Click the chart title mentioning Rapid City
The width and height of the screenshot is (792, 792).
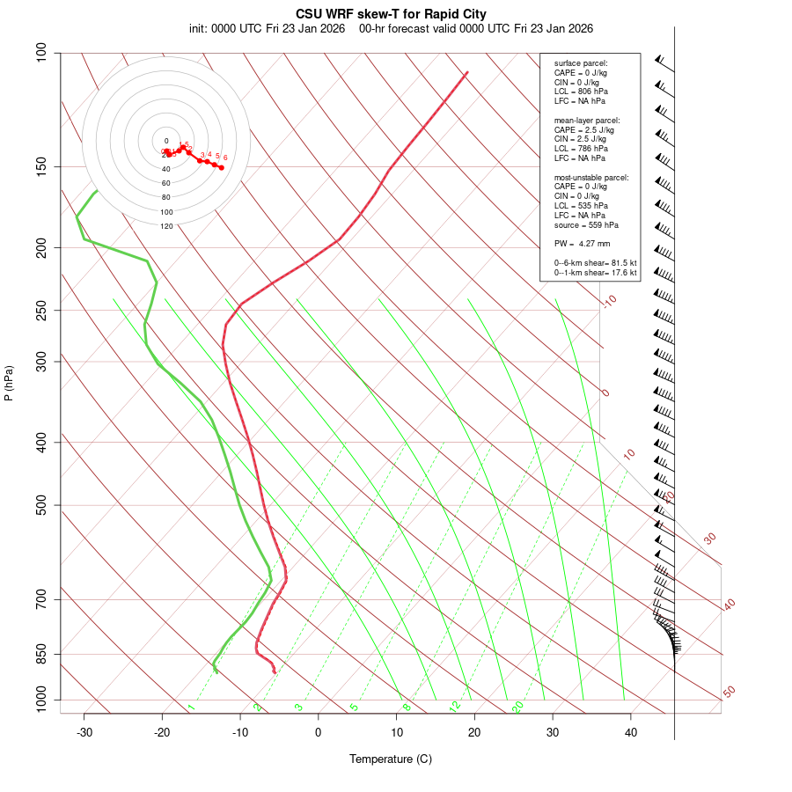[x=391, y=14]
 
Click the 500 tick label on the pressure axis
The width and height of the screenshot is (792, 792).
[x=42, y=505]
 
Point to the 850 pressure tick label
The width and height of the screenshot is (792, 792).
[x=42, y=654]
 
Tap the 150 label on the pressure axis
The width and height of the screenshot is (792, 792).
[x=42, y=166]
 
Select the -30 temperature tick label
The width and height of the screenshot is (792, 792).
[x=84, y=732]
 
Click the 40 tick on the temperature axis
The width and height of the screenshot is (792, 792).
[x=631, y=732]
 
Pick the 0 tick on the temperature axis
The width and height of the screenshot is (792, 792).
[x=319, y=732]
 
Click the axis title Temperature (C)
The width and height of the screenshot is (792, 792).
[x=391, y=759]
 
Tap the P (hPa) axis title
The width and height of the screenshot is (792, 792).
[x=9, y=384]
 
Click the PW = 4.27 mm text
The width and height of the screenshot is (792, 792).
[x=582, y=244]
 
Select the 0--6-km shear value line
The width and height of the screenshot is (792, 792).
[x=595, y=263]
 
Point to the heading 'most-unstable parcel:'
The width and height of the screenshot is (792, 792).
[x=591, y=178]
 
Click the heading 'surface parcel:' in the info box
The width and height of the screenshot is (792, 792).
[x=581, y=63]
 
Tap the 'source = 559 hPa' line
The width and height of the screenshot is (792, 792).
[x=585, y=225]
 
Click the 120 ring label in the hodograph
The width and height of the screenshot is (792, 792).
[x=166, y=226]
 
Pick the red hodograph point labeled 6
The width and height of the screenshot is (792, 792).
[x=221, y=167]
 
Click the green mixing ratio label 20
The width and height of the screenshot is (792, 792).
[x=518, y=707]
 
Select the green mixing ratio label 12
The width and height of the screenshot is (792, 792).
[x=455, y=707]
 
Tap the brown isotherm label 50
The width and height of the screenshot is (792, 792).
[x=729, y=693]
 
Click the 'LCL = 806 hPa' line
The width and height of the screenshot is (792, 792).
[x=581, y=92]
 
